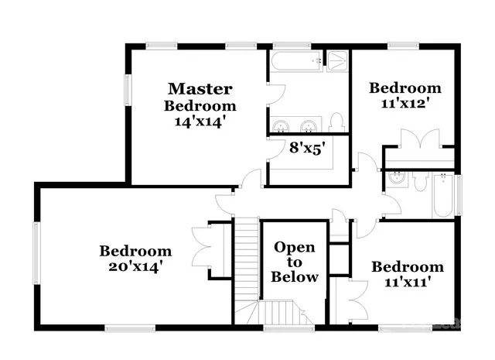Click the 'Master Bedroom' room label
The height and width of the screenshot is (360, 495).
200,97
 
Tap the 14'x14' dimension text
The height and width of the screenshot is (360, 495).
200,122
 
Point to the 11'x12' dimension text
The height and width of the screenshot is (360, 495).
405,101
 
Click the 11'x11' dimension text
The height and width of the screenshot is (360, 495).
407,283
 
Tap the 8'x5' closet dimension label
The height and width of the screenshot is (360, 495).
306,147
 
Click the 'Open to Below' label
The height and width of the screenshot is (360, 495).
295,262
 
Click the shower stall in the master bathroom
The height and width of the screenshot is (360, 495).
338,60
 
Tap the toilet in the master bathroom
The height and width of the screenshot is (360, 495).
336,122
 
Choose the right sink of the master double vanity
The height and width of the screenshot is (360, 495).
309,125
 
